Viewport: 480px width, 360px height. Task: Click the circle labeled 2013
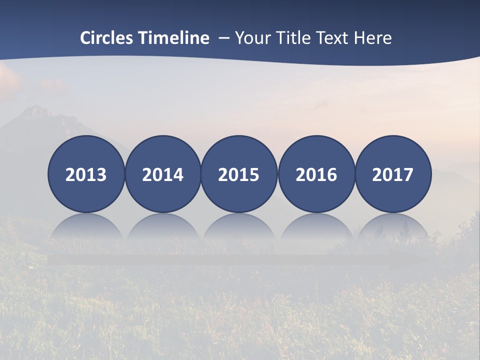point(86,174)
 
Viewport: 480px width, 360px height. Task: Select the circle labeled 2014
point(162,174)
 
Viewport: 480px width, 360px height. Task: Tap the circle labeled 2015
point(239,174)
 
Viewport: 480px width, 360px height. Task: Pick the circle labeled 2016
point(316,174)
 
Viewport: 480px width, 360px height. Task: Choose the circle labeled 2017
point(392,174)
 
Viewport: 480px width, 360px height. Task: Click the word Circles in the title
point(107,37)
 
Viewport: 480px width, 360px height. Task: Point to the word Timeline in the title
point(174,37)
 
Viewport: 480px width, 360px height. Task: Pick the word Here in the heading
point(373,37)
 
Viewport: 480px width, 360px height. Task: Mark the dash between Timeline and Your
point(223,38)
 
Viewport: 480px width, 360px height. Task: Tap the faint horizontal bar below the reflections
point(239,259)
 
